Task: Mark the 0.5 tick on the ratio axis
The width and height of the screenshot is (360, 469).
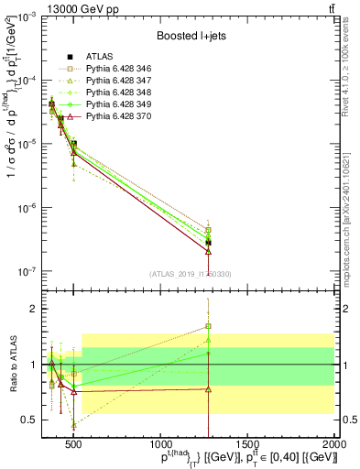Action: [x=30, y=420]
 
